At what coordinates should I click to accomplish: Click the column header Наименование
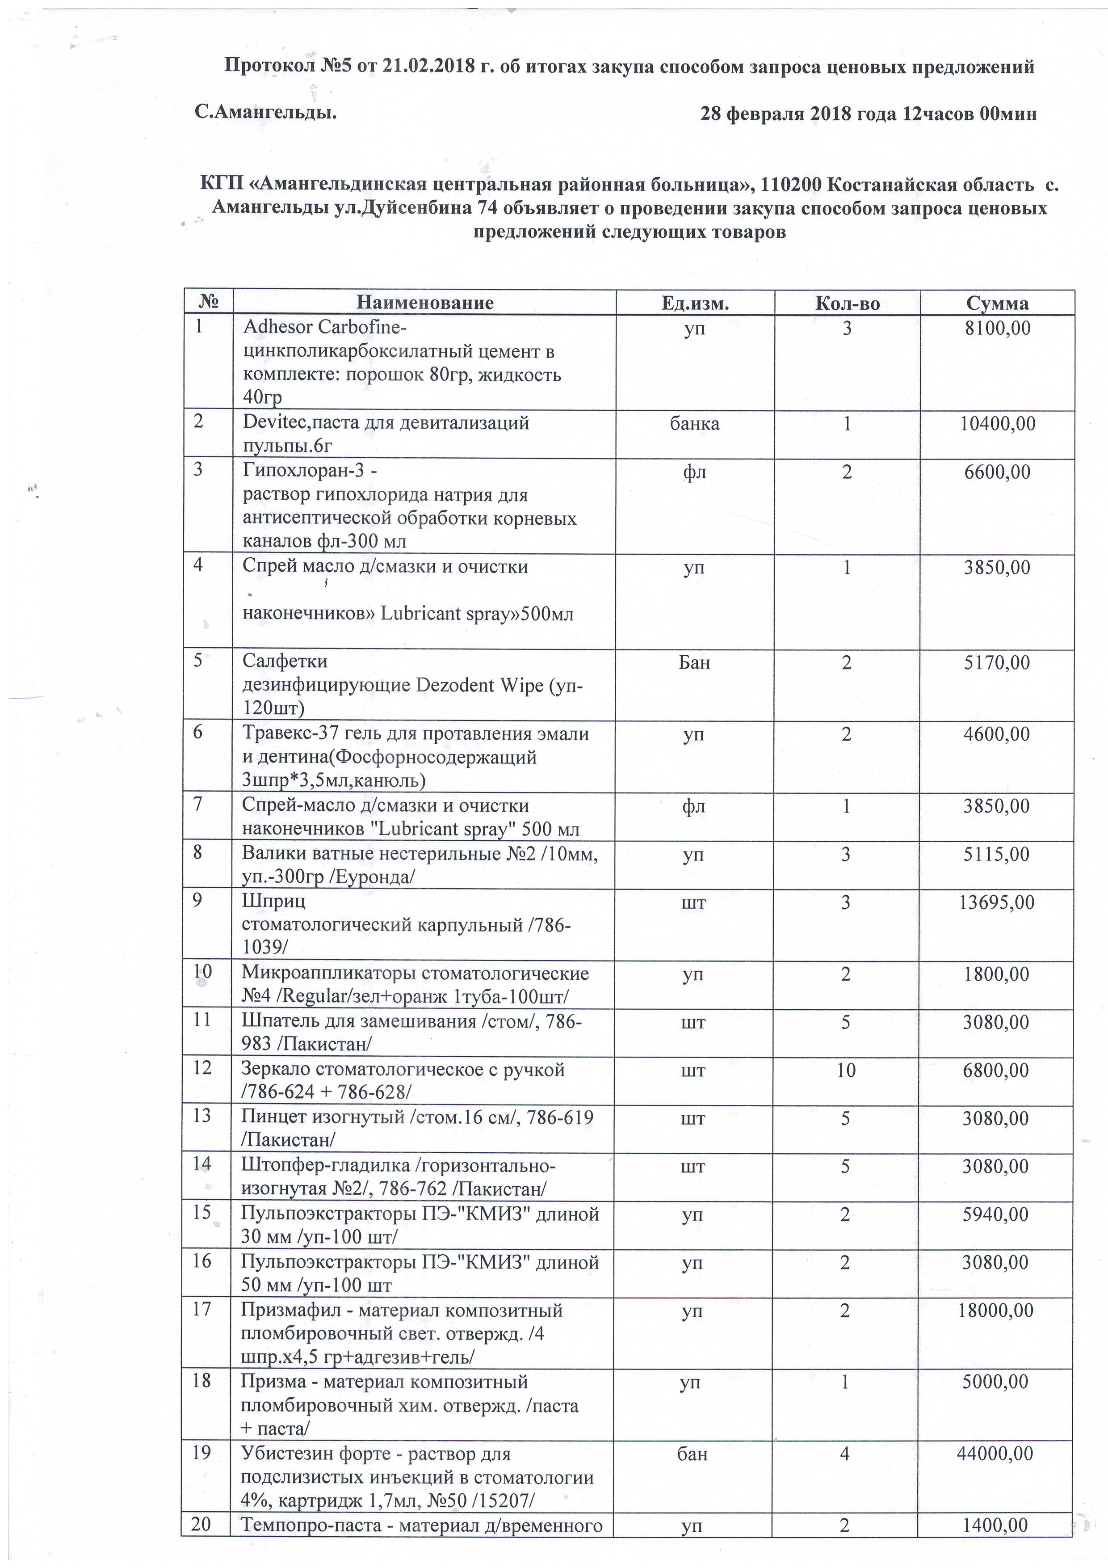[424, 303]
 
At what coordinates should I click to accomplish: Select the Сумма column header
[997, 303]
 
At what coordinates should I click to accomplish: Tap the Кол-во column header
[847, 303]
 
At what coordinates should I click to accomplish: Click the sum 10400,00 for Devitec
[997, 423]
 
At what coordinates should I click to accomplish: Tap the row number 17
[201, 1310]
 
